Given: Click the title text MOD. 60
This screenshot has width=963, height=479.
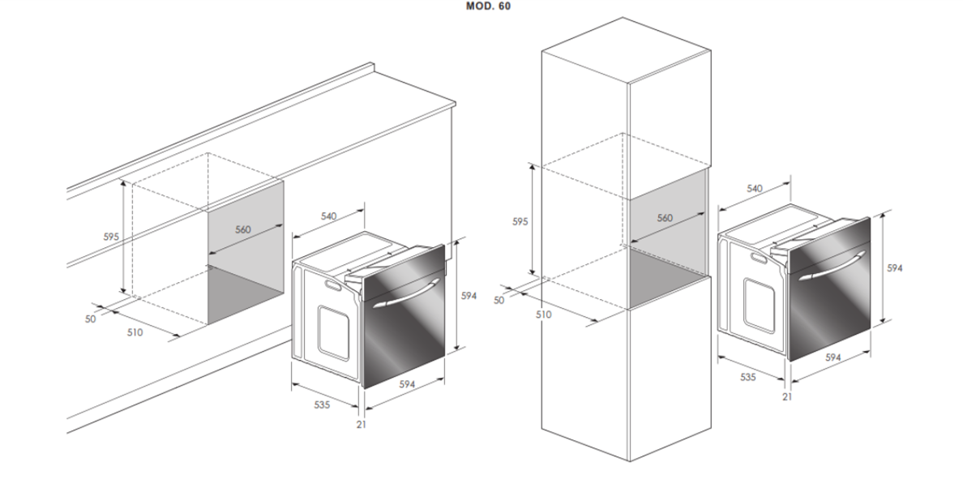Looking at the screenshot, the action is point(488,6).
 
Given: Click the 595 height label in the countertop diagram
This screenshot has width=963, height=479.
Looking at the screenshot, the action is point(111,237).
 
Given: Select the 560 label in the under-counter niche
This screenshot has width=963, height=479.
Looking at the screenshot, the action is point(242,229).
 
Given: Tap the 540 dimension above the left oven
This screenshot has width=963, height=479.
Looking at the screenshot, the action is point(328,216).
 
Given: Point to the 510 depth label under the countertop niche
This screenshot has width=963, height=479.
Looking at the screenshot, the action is point(135,332).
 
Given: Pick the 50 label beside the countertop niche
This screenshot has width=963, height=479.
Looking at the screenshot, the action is point(90,319).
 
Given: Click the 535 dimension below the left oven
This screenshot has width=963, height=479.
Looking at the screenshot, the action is point(322,404).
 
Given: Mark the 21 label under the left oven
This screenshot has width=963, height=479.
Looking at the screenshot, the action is point(361,424).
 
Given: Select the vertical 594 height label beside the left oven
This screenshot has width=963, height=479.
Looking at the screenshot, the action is point(469,295).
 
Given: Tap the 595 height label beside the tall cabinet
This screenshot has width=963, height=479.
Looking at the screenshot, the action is point(520,222).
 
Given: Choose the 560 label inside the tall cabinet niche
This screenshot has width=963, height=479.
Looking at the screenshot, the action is point(665,217).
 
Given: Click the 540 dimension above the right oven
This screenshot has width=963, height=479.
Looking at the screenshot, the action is point(755,188).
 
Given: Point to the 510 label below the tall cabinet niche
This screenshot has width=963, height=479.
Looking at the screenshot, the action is point(544,314).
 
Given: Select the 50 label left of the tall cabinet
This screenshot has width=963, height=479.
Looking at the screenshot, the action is point(499,301).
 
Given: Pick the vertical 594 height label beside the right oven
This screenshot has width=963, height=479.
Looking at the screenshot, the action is point(895,267).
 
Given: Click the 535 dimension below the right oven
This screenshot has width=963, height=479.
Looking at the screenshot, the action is point(747,377).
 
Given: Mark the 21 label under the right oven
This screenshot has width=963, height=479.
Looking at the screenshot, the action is point(787,396).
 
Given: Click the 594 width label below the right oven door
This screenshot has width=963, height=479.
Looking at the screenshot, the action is point(832,357).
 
